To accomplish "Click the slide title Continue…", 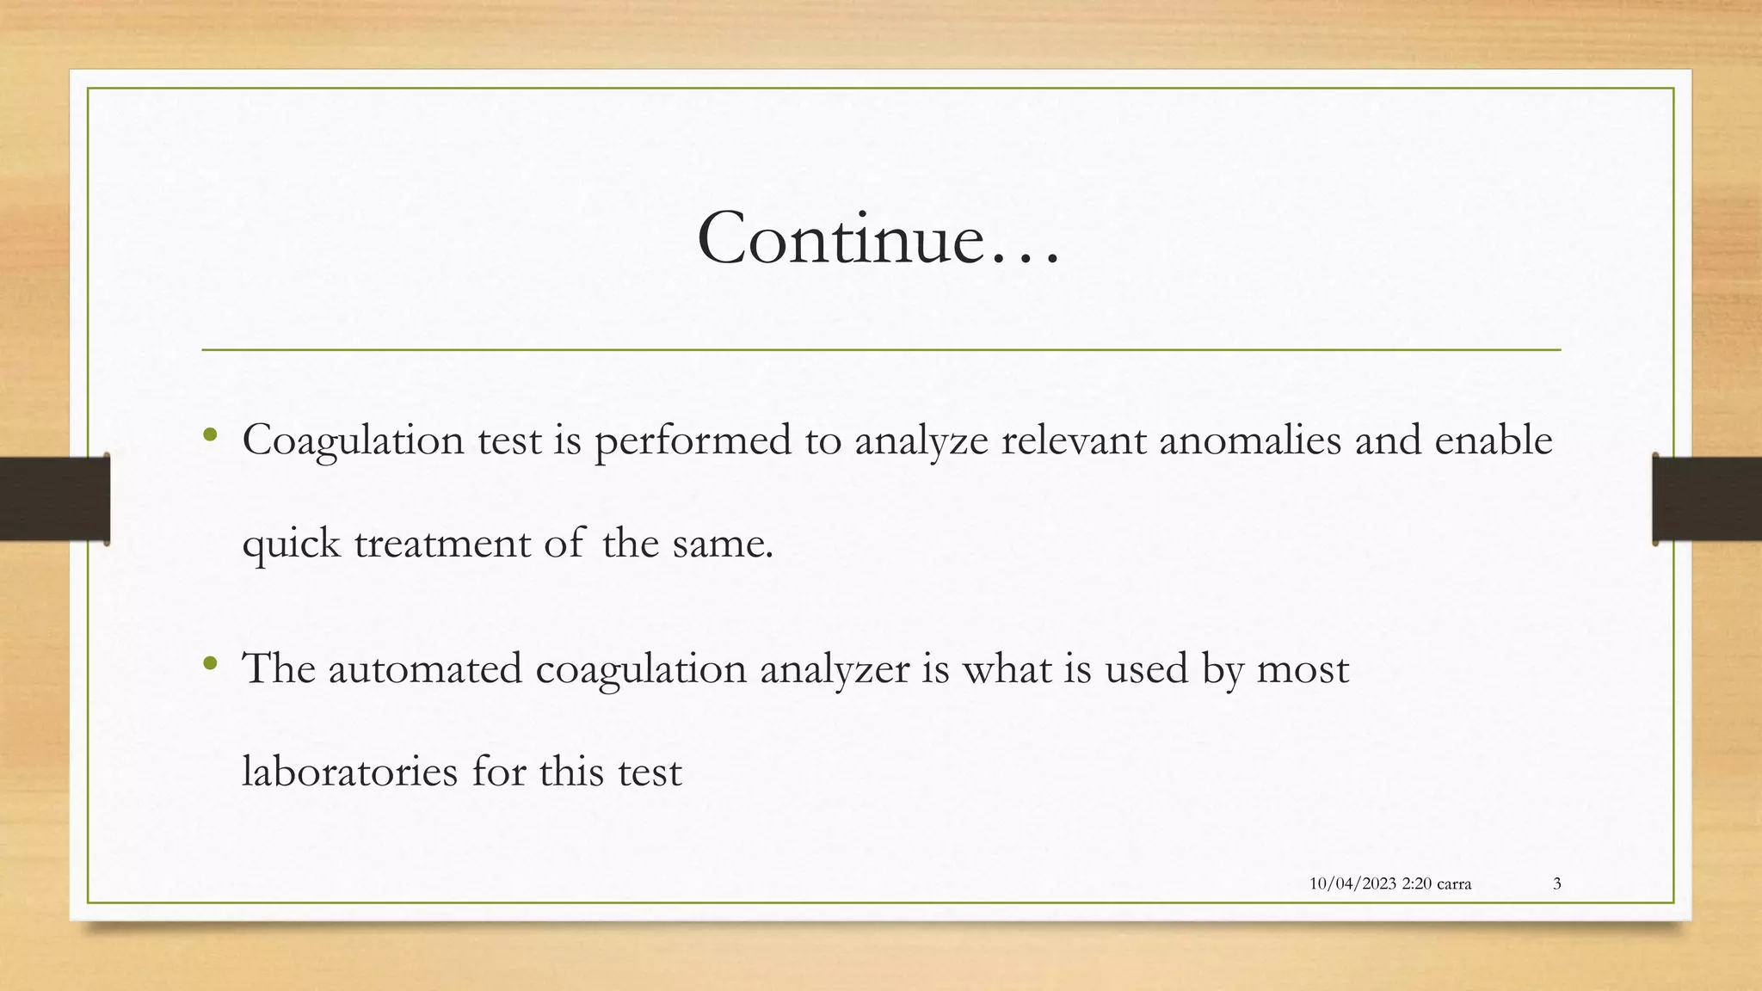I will [878, 238].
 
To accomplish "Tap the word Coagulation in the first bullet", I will [353, 440].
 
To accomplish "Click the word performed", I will [693, 440].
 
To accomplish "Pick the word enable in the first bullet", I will [1493, 440].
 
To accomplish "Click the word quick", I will [291, 545].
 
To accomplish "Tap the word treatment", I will [442, 545].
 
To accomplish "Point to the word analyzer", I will [834, 669].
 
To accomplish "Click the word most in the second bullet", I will [1303, 669].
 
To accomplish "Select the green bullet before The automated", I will [209, 663].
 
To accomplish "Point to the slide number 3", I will [1556, 883].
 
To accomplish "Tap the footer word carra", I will [1453, 883].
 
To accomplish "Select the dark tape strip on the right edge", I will [1708, 499].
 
